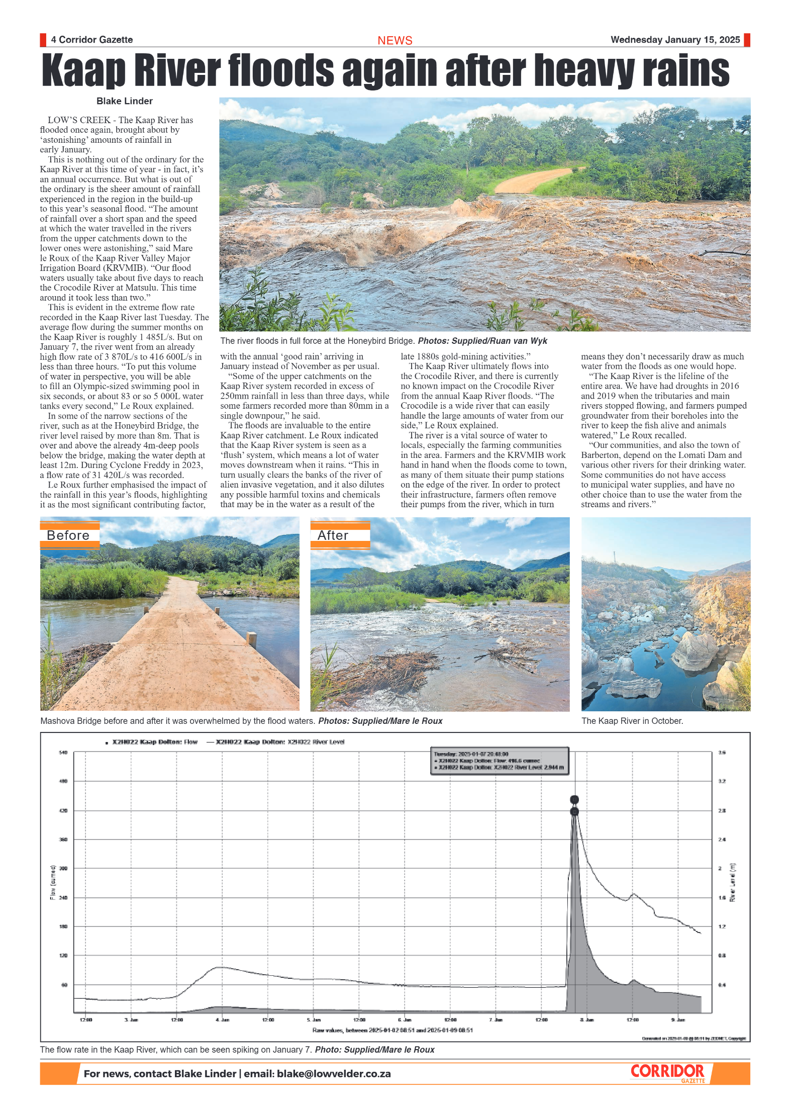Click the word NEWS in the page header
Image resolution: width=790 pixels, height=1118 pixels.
(x=394, y=40)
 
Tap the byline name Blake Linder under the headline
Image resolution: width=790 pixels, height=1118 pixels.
(x=124, y=101)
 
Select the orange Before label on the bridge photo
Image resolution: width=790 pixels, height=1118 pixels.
(x=69, y=535)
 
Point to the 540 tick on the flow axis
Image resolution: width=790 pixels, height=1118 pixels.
(x=63, y=753)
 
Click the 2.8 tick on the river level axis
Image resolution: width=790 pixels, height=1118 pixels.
(x=722, y=810)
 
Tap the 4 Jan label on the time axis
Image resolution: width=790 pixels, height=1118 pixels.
(x=222, y=1019)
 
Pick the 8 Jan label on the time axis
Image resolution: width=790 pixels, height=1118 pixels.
(x=587, y=1019)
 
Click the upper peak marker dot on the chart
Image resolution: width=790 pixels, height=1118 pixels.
(x=574, y=799)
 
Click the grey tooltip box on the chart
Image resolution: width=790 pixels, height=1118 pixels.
(x=500, y=761)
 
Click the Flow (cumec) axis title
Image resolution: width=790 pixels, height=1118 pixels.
(x=53, y=882)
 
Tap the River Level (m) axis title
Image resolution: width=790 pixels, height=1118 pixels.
(x=732, y=882)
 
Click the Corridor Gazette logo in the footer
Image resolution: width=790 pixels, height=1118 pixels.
(x=668, y=1072)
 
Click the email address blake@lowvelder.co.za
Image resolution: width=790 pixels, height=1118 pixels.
(x=334, y=1074)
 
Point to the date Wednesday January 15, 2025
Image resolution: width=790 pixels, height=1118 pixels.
(x=675, y=40)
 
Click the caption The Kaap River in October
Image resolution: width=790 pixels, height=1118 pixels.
(x=632, y=721)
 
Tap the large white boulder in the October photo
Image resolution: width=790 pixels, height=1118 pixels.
(x=696, y=650)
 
